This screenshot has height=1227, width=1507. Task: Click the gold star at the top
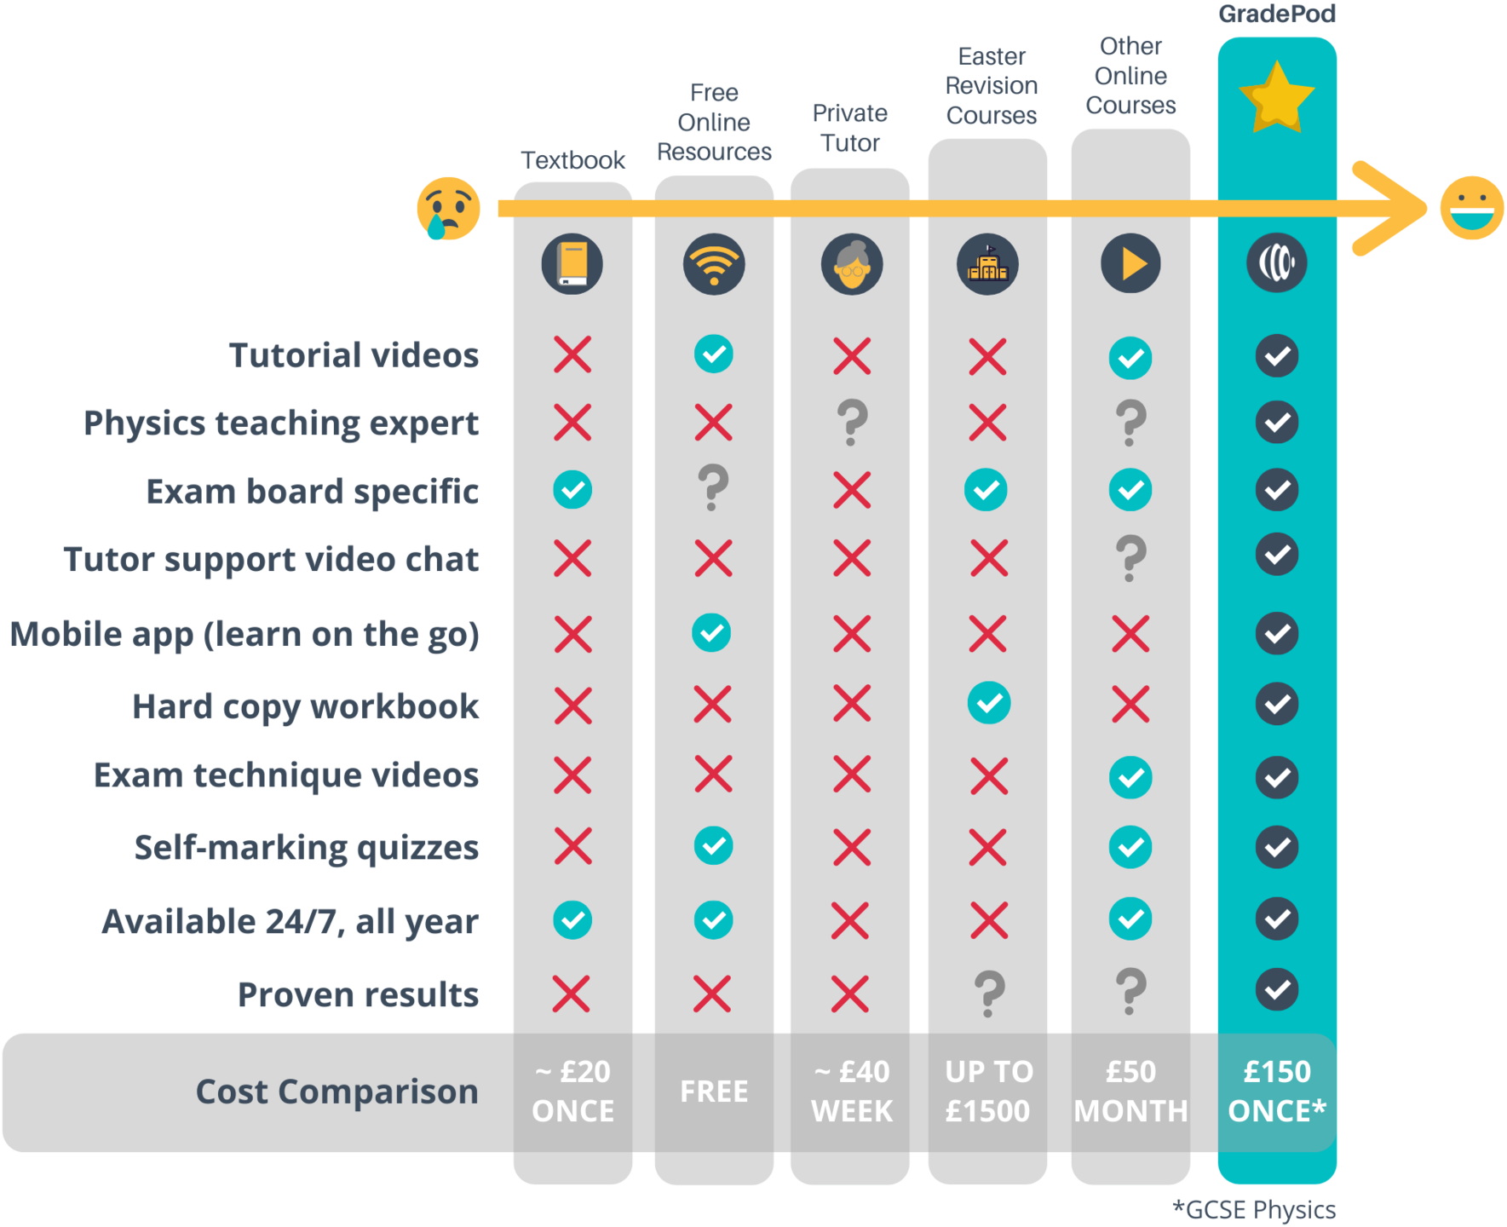point(1276,98)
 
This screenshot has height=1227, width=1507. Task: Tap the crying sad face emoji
point(446,206)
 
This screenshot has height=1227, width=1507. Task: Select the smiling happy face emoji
point(1471,208)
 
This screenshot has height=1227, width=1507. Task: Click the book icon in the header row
point(572,263)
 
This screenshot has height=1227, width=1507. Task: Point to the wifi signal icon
point(714,263)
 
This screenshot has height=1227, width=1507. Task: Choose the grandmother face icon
point(852,263)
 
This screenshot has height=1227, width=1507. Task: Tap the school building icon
point(987,263)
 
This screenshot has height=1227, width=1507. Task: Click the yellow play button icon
point(1130,263)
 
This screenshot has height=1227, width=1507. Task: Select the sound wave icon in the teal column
point(1276,263)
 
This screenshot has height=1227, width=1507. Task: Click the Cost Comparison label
point(336,1092)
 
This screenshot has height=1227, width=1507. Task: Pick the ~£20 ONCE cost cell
point(572,1092)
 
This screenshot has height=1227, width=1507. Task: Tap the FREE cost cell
point(714,1092)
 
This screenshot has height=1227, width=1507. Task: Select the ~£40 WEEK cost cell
point(852,1092)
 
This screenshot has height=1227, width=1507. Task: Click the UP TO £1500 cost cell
point(988,1092)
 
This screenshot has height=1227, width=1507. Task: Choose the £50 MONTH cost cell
point(1130,1092)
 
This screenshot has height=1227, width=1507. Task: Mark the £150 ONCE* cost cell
point(1276,1092)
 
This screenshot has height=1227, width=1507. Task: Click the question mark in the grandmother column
point(852,422)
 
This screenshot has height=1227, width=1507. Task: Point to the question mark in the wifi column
point(713,487)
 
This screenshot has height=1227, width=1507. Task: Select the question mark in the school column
point(988,993)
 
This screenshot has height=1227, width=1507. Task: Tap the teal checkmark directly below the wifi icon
point(713,354)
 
